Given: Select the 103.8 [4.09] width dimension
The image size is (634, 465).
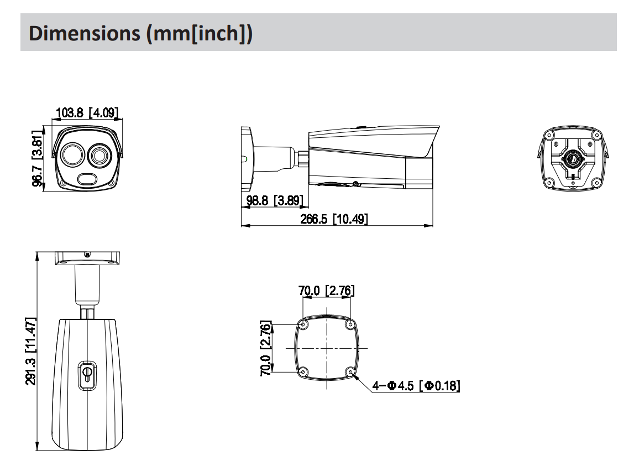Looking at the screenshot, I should click(87, 115).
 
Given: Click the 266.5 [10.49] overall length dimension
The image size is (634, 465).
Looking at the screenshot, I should click(334, 219).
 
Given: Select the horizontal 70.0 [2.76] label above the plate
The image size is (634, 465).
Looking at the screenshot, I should click(327, 290).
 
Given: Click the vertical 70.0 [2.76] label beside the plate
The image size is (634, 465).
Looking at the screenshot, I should click(265, 348).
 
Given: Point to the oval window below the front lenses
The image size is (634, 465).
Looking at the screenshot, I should click(87, 179).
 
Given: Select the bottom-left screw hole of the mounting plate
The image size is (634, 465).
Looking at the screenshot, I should click(303, 371).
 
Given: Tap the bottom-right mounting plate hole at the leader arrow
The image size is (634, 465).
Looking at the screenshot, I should click(350, 371).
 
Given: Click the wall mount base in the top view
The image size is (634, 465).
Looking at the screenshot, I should click(87, 259).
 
